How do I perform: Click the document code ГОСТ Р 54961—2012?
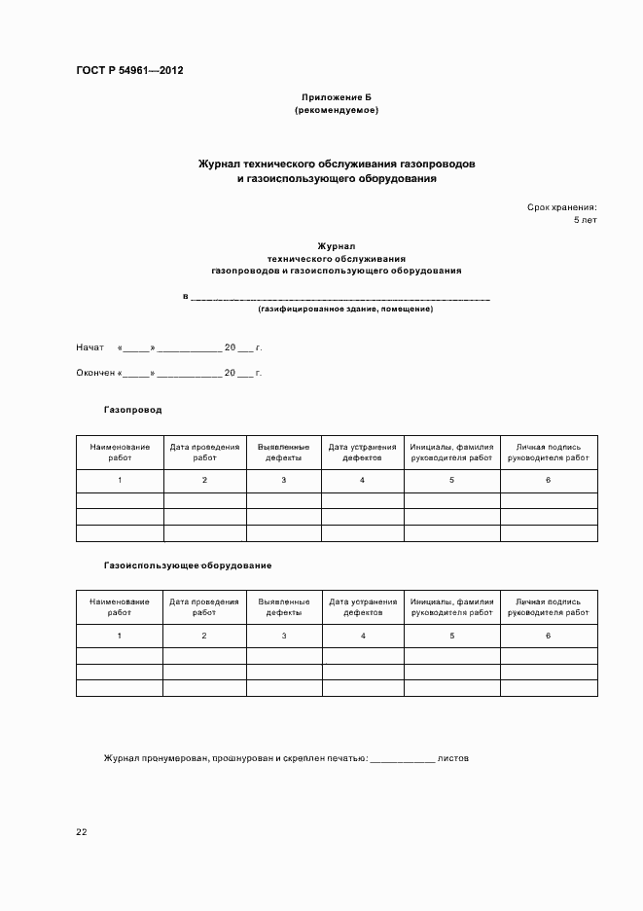click(x=129, y=71)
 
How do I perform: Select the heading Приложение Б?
click(x=337, y=98)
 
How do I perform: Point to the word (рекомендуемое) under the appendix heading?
click(x=337, y=110)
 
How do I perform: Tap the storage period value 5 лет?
click(x=585, y=221)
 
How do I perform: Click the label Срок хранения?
click(x=562, y=207)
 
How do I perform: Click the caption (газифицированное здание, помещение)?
click(x=345, y=309)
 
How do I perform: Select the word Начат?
click(x=89, y=347)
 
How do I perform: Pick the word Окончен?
click(x=95, y=373)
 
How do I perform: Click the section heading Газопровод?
click(x=132, y=410)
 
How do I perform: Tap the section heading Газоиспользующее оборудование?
click(x=187, y=565)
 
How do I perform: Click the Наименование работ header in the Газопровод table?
click(x=120, y=452)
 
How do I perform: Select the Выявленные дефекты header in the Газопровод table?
click(x=283, y=452)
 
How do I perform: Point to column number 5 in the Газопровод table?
click(x=451, y=481)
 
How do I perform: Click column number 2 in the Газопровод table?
click(x=204, y=481)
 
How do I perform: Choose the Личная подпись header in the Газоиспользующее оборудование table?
click(x=548, y=607)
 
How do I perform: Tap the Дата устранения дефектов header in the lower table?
click(x=363, y=607)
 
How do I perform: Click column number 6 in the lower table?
click(x=548, y=636)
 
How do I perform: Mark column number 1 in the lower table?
click(x=120, y=636)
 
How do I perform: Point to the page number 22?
click(x=81, y=832)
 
